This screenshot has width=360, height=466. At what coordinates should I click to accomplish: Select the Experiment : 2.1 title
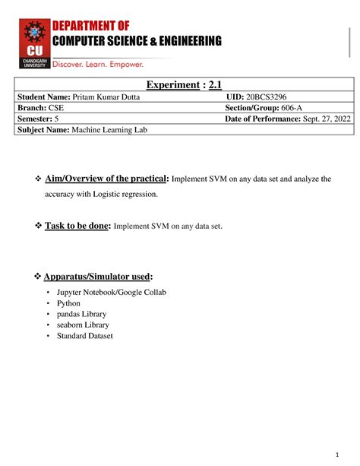tap(181, 86)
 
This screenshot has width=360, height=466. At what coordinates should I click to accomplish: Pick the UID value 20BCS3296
tap(266, 98)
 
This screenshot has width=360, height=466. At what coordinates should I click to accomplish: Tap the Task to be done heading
tap(79, 226)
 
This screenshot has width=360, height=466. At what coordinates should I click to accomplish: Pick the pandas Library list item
tap(81, 314)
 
